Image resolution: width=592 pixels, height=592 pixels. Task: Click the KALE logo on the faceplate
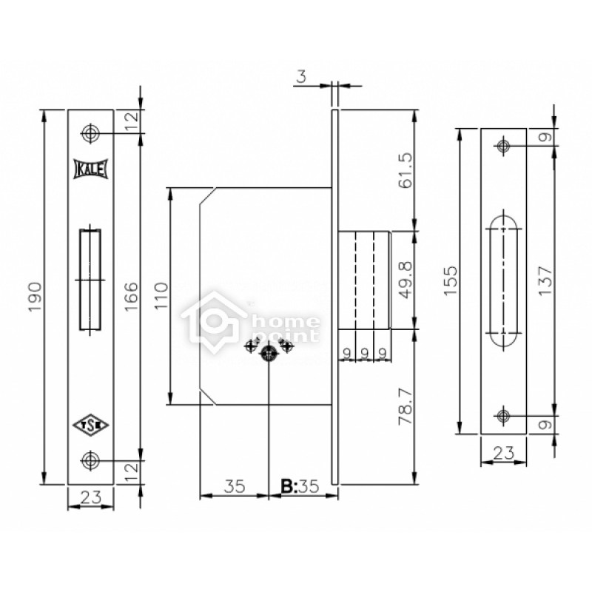click(90, 169)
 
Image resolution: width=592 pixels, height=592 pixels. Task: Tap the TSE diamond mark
click(90, 425)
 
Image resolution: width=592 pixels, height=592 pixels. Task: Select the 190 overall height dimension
click(35, 297)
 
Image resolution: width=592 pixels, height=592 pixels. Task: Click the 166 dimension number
click(132, 297)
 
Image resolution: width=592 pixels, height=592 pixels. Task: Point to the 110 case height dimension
click(161, 295)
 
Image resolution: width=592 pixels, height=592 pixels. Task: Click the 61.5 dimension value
click(406, 171)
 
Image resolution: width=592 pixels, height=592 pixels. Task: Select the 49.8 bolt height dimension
click(406, 280)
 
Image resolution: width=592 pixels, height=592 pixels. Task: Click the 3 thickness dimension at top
click(301, 77)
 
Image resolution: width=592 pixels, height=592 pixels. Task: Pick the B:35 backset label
click(300, 487)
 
